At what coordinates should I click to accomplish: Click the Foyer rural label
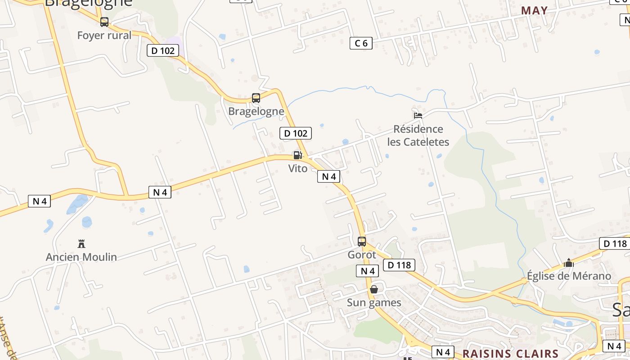click(104, 36)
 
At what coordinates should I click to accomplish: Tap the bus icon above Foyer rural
click(104, 22)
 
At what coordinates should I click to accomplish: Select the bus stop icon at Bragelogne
click(256, 98)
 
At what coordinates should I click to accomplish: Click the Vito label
click(298, 168)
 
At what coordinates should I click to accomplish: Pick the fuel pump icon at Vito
click(297, 155)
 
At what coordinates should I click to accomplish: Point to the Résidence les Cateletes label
click(418, 135)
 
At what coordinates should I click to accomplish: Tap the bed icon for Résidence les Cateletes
click(418, 115)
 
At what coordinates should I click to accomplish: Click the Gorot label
click(362, 255)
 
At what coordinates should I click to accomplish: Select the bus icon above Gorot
click(362, 241)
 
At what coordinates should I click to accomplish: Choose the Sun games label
click(374, 302)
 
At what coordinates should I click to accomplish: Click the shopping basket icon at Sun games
click(374, 289)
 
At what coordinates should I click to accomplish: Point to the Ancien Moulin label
click(81, 257)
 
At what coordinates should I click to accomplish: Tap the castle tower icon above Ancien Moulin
click(81, 244)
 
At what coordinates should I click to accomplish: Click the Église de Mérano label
click(569, 276)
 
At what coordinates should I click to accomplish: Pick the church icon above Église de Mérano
click(569, 263)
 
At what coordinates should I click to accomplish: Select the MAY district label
click(534, 10)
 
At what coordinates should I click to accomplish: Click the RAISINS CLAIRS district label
click(510, 353)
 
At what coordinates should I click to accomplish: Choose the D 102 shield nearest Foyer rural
click(163, 50)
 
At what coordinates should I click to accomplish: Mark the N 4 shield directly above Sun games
click(368, 271)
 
